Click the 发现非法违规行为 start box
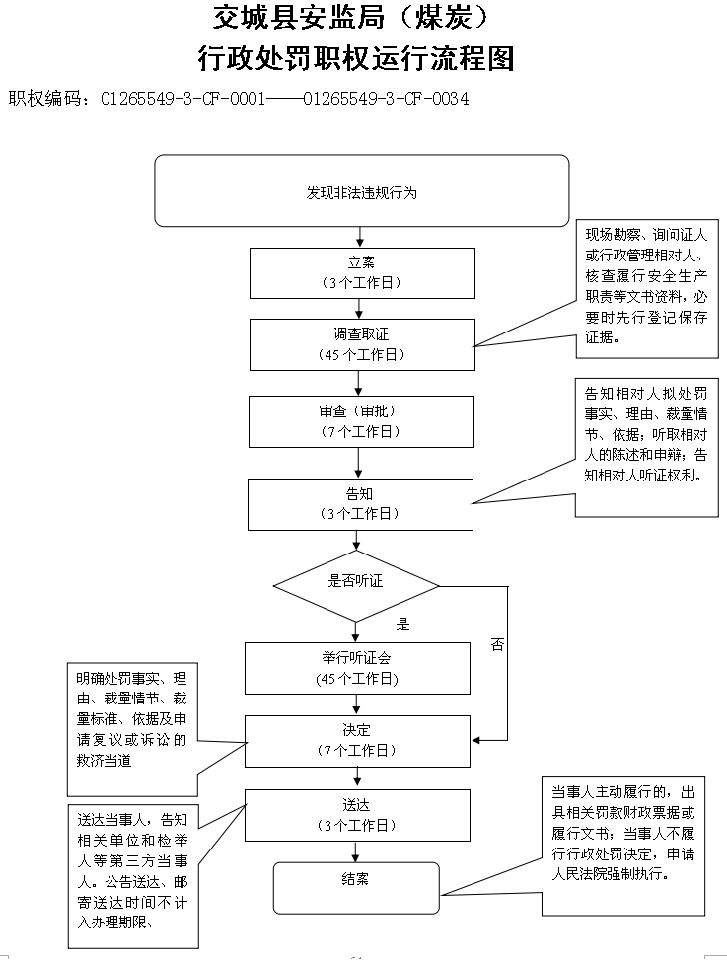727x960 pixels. coord(361,190)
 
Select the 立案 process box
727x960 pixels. coord(361,271)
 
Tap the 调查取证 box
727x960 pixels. coord(361,343)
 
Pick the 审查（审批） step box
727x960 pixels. coord(361,421)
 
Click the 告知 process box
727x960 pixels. coord(360,503)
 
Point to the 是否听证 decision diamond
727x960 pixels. coord(356,586)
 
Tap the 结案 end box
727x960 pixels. coord(356,887)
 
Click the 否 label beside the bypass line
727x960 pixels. coord(496,645)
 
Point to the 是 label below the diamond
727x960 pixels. coord(402,625)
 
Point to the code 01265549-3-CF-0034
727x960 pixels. coord(386,99)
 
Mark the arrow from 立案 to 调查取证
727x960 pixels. coord(361,307)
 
